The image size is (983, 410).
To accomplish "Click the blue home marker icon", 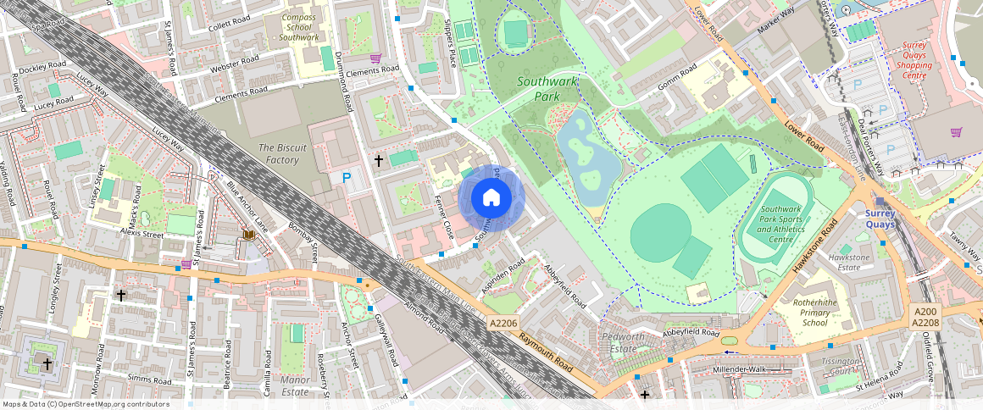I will [x=491, y=198].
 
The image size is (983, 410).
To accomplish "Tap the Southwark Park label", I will [x=547, y=89].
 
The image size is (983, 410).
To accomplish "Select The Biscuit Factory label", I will [x=279, y=153].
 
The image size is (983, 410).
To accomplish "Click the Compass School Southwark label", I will [x=298, y=27].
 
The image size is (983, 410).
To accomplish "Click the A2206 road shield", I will [x=503, y=324].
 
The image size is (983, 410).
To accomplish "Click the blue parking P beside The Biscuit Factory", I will [x=347, y=178].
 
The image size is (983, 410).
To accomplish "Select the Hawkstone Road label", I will [x=814, y=245].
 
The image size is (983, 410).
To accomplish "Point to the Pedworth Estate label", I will [x=623, y=342].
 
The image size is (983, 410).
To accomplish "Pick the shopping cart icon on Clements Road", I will [x=375, y=58].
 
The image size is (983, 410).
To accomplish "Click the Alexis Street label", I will [x=141, y=233].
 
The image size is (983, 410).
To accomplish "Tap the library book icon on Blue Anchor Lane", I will [x=249, y=234].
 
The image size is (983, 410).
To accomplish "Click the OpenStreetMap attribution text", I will [x=85, y=404].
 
